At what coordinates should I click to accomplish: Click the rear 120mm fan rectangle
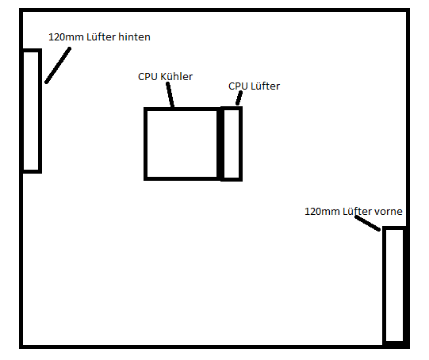40,111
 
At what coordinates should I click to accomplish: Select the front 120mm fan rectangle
384,285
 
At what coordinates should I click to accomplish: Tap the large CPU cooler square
145,144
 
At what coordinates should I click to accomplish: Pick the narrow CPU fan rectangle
241,144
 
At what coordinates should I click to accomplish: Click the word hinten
134,37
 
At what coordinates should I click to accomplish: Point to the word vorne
388,212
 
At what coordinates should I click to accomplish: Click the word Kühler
176,77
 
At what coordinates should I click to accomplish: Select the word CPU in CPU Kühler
147,77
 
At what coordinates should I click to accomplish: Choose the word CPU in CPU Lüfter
238,86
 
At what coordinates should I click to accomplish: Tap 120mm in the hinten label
66,37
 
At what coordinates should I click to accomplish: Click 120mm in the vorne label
322,212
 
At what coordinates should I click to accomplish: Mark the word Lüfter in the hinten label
101,37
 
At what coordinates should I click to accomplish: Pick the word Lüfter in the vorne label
357,211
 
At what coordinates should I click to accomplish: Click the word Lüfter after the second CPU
265,86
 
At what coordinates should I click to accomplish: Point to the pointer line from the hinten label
58,65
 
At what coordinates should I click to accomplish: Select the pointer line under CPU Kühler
170,94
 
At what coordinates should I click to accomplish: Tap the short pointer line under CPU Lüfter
239,98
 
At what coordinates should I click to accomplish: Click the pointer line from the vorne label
367,224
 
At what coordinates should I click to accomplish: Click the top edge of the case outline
214,10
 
